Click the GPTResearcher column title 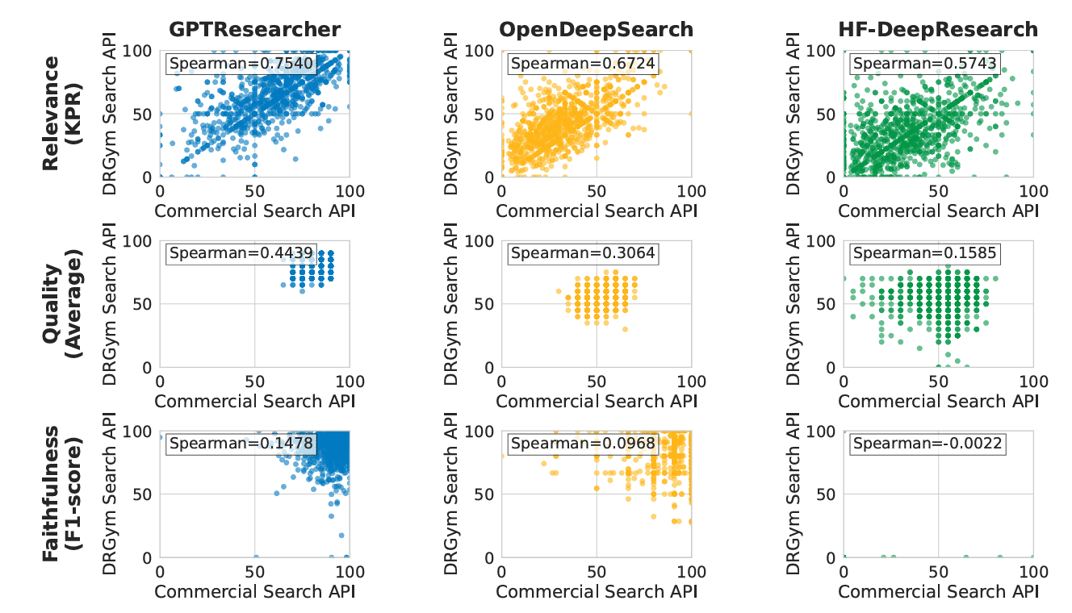click(254, 30)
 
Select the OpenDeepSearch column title click(596, 30)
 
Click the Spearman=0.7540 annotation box click(240, 64)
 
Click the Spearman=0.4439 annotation click(240, 254)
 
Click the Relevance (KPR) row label click(62, 114)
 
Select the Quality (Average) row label click(62, 304)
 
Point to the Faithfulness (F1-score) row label click(62, 494)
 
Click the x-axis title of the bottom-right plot click(938, 591)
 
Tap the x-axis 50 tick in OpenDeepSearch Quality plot click(597, 382)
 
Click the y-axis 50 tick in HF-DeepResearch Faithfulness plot click(826, 494)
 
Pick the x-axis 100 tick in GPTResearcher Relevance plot click(349, 192)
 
